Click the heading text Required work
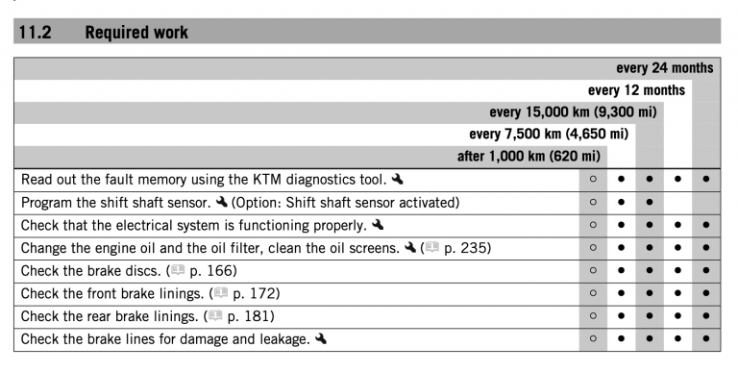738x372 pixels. (136, 32)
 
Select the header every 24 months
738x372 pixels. (664, 68)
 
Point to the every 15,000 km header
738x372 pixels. (573, 112)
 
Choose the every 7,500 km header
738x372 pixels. (549, 134)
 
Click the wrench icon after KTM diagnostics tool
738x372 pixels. (398, 179)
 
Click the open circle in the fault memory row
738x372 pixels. (593, 180)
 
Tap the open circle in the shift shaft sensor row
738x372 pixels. (593, 203)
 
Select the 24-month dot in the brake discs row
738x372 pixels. (706, 271)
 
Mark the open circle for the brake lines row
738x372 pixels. (593, 338)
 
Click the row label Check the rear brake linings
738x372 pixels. (108, 315)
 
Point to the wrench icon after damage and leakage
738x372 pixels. (320, 338)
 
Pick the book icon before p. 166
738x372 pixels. (178, 271)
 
